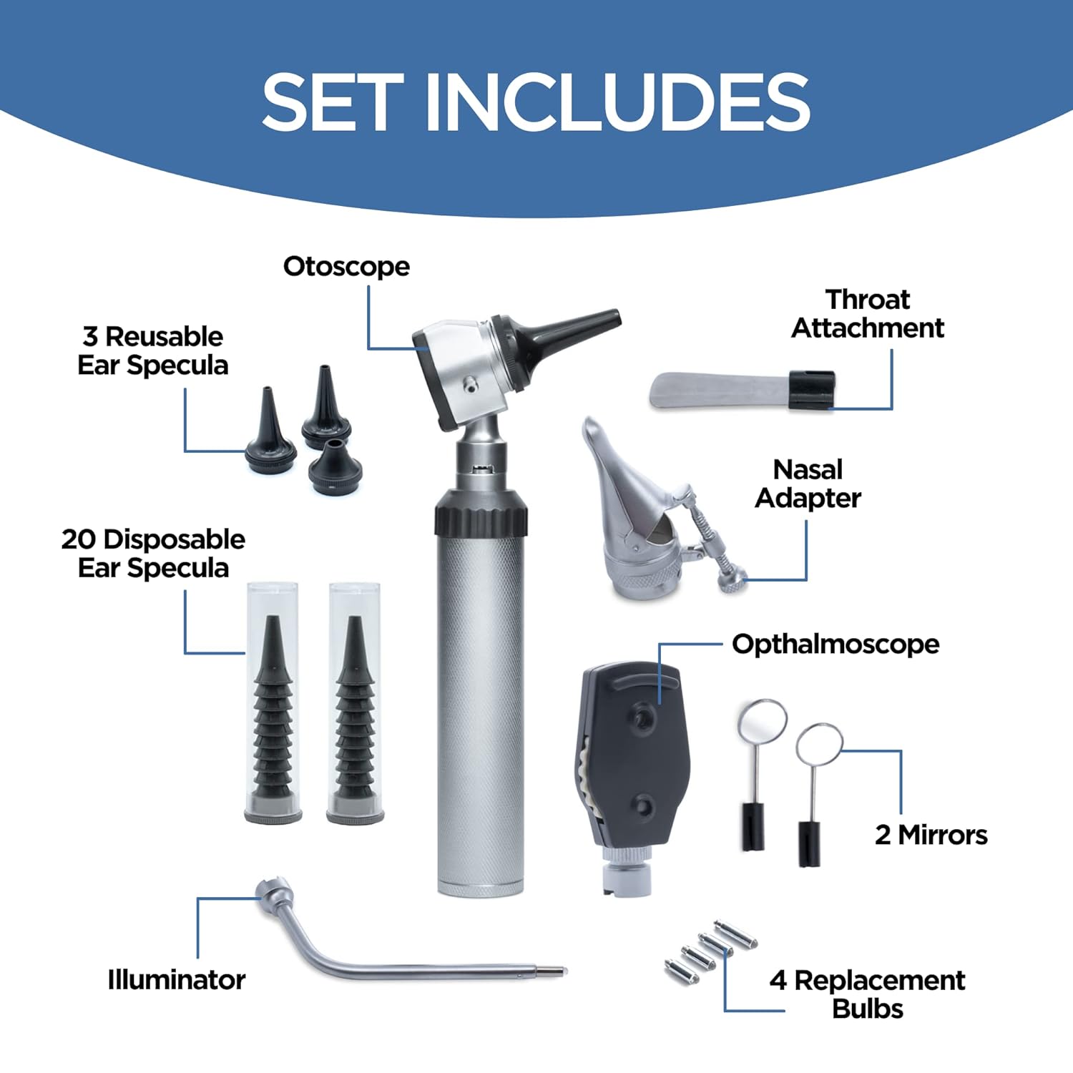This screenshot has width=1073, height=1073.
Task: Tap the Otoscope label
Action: (x=346, y=266)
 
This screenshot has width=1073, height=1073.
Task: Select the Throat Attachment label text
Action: (x=867, y=313)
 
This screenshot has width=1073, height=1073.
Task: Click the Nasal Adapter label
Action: (x=808, y=484)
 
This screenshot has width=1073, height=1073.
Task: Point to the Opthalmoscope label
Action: (x=835, y=644)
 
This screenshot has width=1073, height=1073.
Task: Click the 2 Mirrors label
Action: (x=931, y=835)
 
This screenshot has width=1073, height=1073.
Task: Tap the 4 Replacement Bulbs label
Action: (x=867, y=994)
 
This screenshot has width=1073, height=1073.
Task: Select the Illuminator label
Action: (x=176, y=979)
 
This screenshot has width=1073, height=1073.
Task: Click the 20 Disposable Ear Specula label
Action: (x=152, y=553)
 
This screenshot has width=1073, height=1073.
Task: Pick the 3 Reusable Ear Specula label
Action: (x=152, y=351)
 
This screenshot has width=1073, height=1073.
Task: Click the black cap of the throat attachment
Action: (x=812, y=390)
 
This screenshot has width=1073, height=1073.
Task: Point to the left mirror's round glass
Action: (x=763, y=721)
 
